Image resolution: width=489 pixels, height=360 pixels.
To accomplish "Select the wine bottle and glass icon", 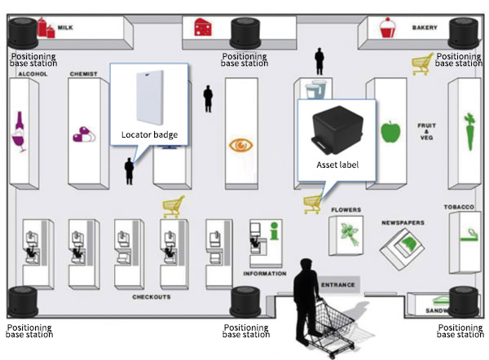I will coord(19,133).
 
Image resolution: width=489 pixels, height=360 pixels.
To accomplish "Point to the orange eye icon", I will coord(241,145).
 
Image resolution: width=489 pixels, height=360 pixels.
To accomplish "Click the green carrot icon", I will coord(469,131).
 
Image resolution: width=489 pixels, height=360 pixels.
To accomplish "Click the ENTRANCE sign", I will coord(337,285).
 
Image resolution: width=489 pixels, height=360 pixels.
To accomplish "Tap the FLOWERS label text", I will coord(346,210).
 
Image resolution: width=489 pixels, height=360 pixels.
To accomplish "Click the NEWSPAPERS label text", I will coord(403,222).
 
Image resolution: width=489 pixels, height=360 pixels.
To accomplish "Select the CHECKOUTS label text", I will coord(152,297).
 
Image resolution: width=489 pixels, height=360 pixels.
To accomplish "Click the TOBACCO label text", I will coord(459,208).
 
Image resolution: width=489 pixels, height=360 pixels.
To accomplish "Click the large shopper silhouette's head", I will coord(308,266).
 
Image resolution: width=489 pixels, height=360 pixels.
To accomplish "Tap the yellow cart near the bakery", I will coord(421,62).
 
